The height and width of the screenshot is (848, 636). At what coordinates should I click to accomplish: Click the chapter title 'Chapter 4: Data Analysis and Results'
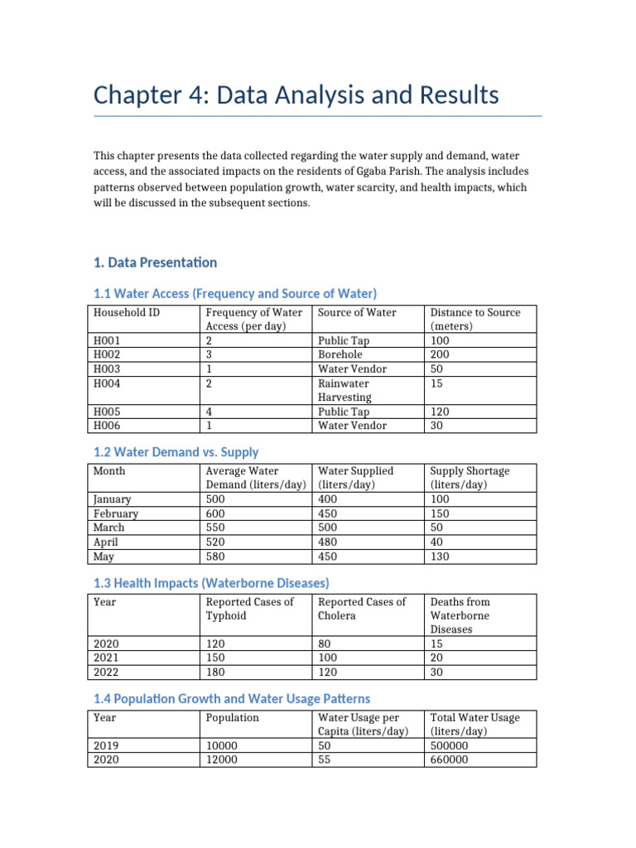[296, 95]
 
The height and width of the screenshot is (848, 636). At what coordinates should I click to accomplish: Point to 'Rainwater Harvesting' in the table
[344, 390]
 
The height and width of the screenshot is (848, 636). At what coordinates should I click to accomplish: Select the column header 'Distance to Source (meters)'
[475, 319]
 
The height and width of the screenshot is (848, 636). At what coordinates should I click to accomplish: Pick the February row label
[116, 513]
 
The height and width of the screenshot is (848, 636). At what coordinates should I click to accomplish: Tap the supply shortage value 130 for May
[441, 556]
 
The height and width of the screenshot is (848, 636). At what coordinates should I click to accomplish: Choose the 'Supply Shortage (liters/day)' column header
[470, 477]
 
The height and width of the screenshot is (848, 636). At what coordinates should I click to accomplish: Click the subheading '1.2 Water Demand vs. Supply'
[176, 452]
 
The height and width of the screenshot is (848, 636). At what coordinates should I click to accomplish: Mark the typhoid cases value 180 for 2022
[217, 672]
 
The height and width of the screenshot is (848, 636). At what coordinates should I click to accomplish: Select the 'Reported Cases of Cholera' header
[362, 609]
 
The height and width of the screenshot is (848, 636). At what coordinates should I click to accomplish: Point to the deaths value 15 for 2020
[437, 643]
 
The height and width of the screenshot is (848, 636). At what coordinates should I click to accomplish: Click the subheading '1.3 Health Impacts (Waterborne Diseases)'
[217, 583]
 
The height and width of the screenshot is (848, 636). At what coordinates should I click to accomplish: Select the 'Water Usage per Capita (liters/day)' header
[363, 724]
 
